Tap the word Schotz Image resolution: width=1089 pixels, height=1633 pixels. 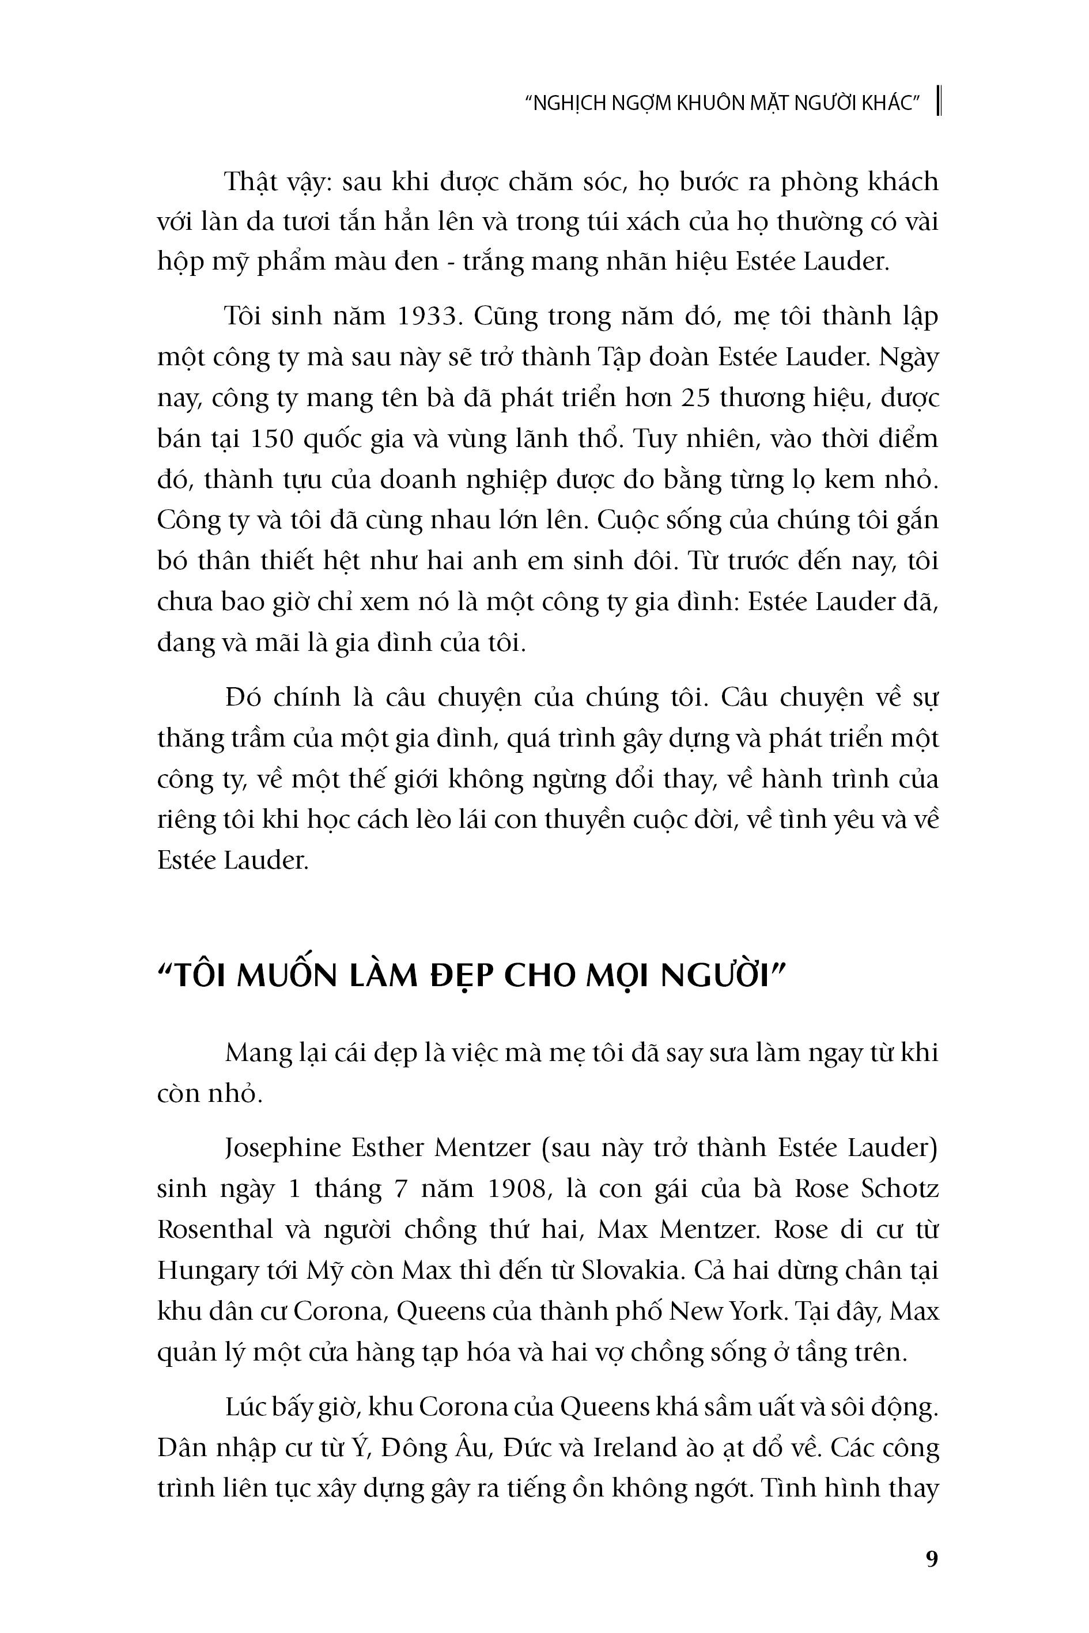point(899,1189)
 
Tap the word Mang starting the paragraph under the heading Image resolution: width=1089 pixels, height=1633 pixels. point(258,1052)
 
